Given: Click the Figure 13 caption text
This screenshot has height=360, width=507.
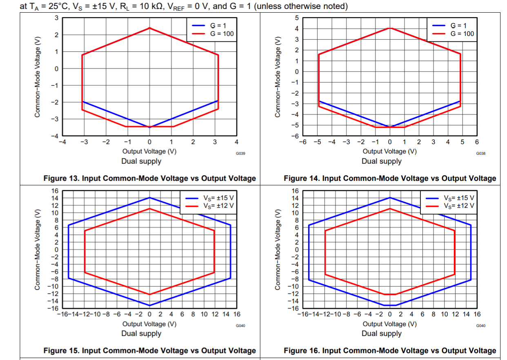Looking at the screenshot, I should [x=150, y=178].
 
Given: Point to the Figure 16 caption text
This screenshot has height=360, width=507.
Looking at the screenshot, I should [x=390, y=351].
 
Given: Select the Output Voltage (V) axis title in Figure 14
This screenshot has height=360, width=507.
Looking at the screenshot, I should [x=389, y=151].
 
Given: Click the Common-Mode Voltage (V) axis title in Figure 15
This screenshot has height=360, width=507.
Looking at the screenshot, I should [x=38, y=249].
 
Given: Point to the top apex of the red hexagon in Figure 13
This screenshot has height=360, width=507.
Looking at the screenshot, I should [x=149, y=28].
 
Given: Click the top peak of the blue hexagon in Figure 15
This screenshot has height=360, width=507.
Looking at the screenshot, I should [x=149, y=198].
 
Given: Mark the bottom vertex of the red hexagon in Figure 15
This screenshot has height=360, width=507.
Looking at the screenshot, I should [x=149, y=294].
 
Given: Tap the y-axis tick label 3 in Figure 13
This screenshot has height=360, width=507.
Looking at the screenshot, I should [x=57, y=18].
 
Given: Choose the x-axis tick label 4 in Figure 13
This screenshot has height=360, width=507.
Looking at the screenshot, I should [x=237, y=142].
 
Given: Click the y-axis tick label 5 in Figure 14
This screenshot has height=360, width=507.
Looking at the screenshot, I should [x=297, y=18].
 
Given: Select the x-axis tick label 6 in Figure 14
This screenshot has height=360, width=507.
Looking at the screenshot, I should [x=477, y=142].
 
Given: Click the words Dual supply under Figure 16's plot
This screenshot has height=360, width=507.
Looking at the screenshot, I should [x=382, y=333].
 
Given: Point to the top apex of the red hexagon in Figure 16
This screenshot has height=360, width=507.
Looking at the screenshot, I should [x=390, y=209].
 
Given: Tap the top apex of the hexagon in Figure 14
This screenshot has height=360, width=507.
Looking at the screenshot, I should [x=390, y=28].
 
